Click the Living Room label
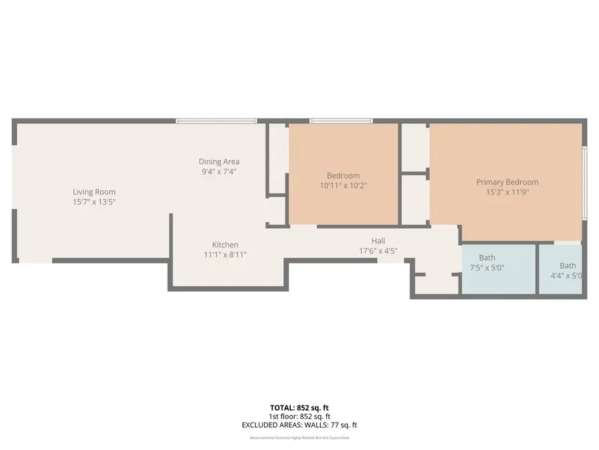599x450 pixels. pos(94,192)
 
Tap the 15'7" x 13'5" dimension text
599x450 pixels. pos(94,201)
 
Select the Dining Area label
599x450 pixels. pos(219,161)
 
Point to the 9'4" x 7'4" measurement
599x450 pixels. pos(219,171)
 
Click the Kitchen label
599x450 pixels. pos(225,245)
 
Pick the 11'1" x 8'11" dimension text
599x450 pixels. pos(225,255)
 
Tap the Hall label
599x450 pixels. pos(378,241)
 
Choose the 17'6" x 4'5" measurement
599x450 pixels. pos(378,251)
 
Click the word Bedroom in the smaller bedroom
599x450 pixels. pos(343,176)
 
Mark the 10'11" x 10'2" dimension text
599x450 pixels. pos(343,185)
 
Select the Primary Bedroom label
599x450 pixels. pos(507,182)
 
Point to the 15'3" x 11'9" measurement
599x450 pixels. pos(507,192)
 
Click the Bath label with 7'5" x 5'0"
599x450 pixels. pos(487,258)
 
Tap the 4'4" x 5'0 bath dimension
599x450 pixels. pos(567,275)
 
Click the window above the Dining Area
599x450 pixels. pos(216,121)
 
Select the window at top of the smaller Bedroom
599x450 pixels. pos(341,121)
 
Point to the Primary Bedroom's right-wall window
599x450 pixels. pos(584,183)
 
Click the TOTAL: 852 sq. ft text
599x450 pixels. pos(299,407)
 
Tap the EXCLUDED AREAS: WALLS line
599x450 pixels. pos(299,425)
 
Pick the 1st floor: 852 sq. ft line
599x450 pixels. pos(299,416)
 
